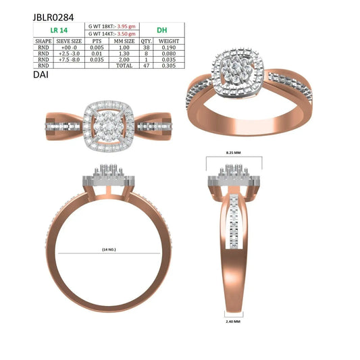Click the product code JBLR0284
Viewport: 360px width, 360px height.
coord(53,18)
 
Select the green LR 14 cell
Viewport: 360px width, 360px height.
coord(59,30)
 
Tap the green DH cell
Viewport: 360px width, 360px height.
coord(162,30)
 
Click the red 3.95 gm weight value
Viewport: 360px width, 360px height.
coord(126,26)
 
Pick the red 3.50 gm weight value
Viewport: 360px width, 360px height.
coord(126,34)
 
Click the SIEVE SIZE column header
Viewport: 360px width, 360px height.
coord(69,41)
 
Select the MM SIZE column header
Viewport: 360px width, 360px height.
coord(124,41)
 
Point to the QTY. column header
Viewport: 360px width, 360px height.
coord(147,41)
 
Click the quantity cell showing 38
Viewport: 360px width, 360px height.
coord(147,47)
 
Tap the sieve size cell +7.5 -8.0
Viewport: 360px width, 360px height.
coord(69,59)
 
